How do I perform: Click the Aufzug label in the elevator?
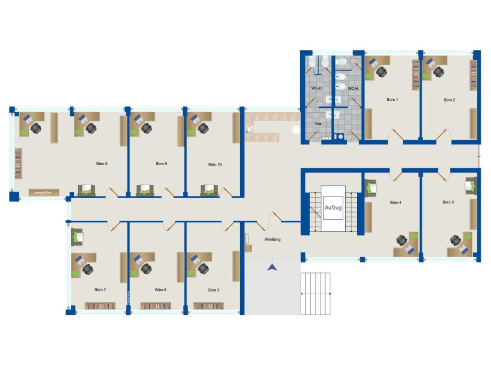pos(333,208)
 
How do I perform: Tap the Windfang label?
pos(272,239)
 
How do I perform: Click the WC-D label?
pos(316,89)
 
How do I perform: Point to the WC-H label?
pos(352,89)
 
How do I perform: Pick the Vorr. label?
pos(318,124)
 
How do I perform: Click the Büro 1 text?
pos(392,100)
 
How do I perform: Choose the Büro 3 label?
pos(448,202)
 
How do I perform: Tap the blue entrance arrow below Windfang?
pos(272,267)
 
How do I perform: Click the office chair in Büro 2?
pos(438,72)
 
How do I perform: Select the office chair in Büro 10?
pos(203,128)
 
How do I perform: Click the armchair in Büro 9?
pos(145,190)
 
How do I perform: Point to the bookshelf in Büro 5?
pos(208,306)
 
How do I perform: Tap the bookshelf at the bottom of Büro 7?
pos(100,306)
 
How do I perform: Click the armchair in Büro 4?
pos(371,187)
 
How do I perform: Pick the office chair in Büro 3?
pos(456,240)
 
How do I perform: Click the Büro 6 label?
pos(161,290)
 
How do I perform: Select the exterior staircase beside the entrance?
pos(316,294)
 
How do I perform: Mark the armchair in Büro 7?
pos(77,237)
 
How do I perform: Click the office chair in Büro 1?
pos(381,72)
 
